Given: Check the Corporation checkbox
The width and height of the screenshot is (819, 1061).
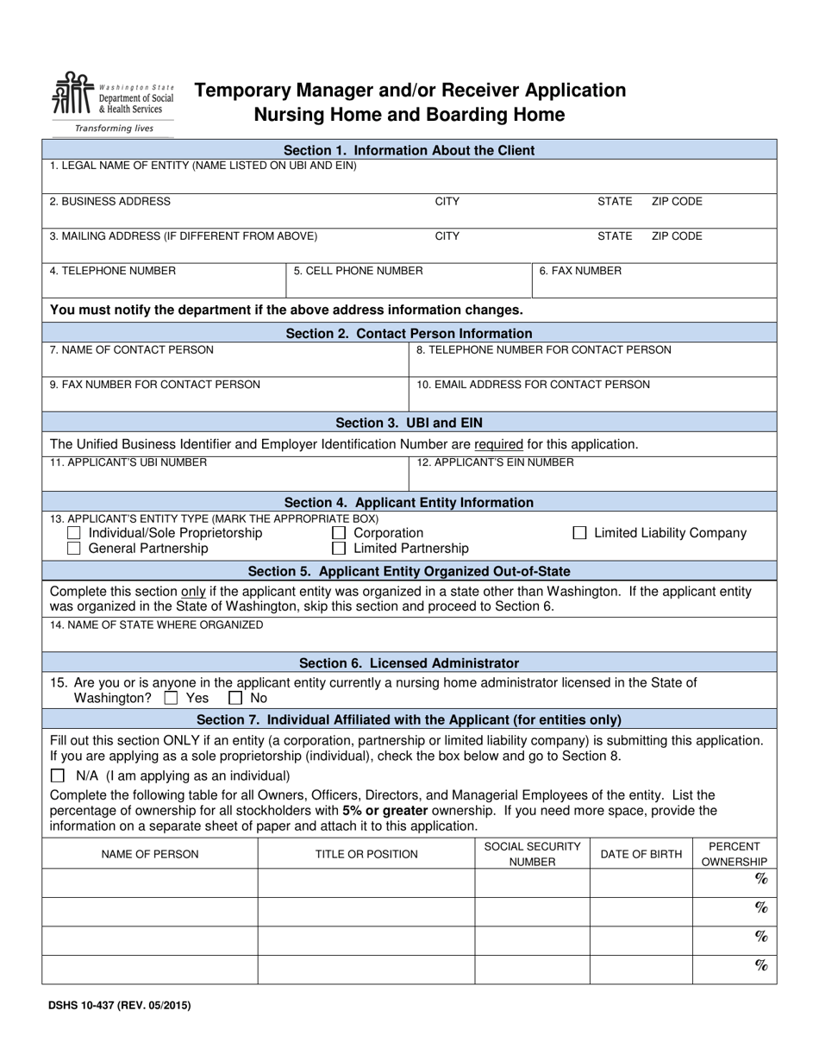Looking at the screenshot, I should tap(339, 534).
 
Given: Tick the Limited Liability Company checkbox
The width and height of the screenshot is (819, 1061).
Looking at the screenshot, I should tap(580, 534).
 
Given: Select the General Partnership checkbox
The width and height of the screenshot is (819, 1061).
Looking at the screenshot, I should tap(74, 549).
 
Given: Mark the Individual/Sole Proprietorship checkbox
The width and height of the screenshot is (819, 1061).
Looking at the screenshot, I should tap(74, 534).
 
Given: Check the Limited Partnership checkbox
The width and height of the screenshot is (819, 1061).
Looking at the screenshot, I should tap(339, 549).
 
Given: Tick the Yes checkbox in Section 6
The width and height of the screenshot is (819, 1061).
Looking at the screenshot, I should tap(171, 698).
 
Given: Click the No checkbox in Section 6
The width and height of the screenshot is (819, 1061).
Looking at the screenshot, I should tap(234, 698).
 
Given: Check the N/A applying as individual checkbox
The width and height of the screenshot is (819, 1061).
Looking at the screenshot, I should tap(58, 775).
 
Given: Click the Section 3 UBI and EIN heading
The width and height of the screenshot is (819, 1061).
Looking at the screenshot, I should tap(409, 423).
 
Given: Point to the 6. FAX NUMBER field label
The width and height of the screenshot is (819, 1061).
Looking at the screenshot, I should tap(580, 271).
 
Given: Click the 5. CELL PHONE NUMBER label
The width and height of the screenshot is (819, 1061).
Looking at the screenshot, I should tap(358, 271).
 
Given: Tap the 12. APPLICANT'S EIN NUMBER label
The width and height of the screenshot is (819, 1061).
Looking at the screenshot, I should tap(495, 462).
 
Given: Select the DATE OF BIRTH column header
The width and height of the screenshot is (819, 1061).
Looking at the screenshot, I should tap(641, 854).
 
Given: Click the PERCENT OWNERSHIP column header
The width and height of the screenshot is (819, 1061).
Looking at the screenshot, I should tap(735, 854).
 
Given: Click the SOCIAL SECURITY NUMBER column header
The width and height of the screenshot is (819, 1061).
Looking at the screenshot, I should tap(532, 854).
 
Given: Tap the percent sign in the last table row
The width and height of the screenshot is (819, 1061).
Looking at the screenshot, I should tap(761, 966).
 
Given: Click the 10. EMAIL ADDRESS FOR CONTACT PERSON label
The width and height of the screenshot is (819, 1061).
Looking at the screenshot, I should tap(533, 385).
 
